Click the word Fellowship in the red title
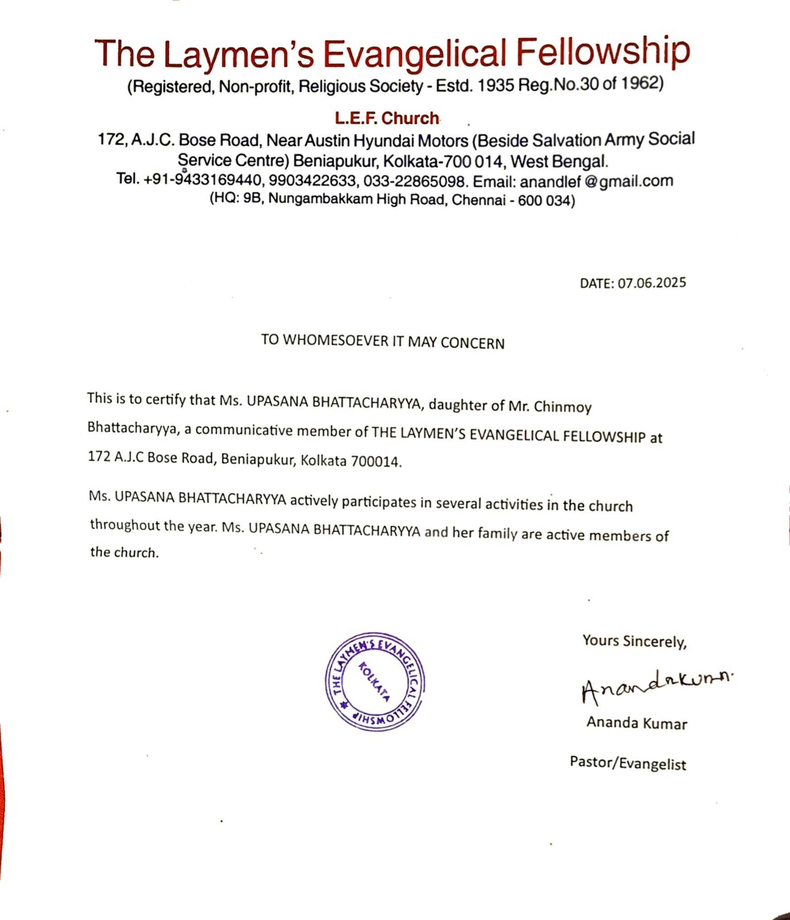[x=603, y=53]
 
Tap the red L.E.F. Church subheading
[x=387, y=118]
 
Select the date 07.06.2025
[x=652, y=283]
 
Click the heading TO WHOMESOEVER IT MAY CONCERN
[x=382, y=341]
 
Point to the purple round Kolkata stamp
[x=375, y=682]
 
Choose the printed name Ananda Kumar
[x=636, y=723]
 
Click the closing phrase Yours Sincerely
[x=634, y=641]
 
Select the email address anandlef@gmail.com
[x=596, y=182]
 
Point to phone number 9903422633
[x=312, y=181]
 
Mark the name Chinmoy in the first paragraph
[x=563, y=407]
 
